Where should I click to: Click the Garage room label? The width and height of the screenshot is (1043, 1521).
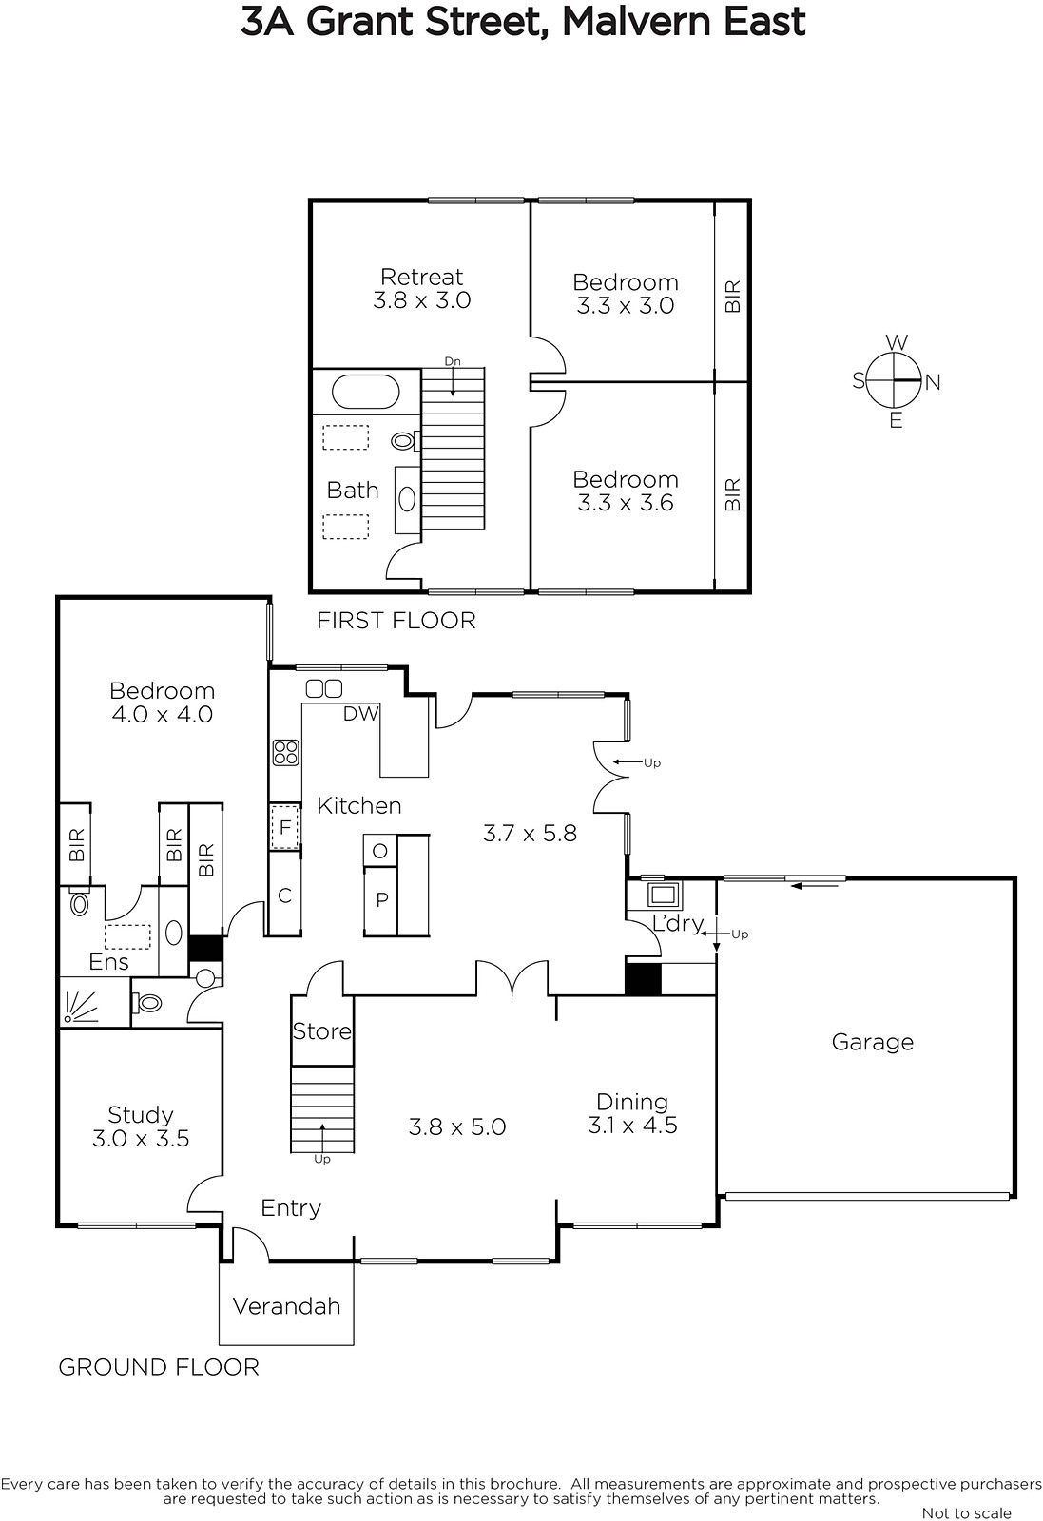(872, 1042)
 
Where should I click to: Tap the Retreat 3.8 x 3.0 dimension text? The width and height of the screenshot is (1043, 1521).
(422, 300)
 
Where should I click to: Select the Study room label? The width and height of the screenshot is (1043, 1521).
(141, 1115)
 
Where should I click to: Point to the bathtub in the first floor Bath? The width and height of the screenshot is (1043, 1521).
(365, 392)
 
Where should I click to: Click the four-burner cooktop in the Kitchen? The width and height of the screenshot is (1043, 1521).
(286, 752)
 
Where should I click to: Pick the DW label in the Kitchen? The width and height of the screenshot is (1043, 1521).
(360, 713)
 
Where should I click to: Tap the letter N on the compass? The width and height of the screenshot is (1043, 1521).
(933, 383)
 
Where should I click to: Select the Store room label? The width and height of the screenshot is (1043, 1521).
(322, 1031)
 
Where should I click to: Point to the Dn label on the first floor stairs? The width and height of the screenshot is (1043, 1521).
(453, 362)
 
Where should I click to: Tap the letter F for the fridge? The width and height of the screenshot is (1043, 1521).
(285, 827)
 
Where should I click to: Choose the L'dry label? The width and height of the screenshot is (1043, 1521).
(678, 923)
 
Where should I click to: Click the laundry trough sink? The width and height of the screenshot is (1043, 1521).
(664, 895)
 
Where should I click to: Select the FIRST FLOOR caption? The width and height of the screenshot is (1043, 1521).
(396, 621)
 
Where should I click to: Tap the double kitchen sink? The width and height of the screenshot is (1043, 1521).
(324, 688)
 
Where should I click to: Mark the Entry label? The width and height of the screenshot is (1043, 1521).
(291, 1208)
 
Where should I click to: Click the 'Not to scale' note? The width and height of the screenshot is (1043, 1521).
(966, 1512)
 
